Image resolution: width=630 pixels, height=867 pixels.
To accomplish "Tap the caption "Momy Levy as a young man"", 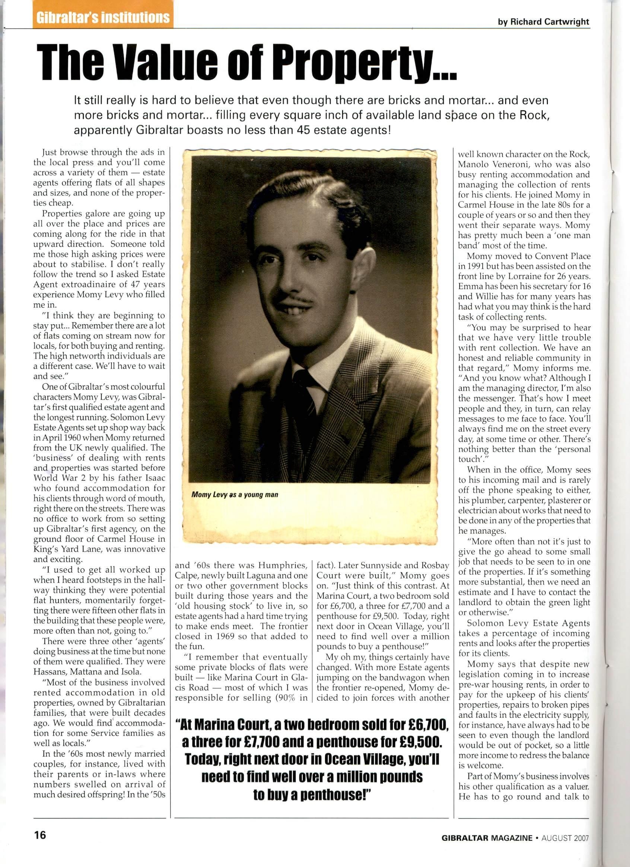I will [x=235, y=495].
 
